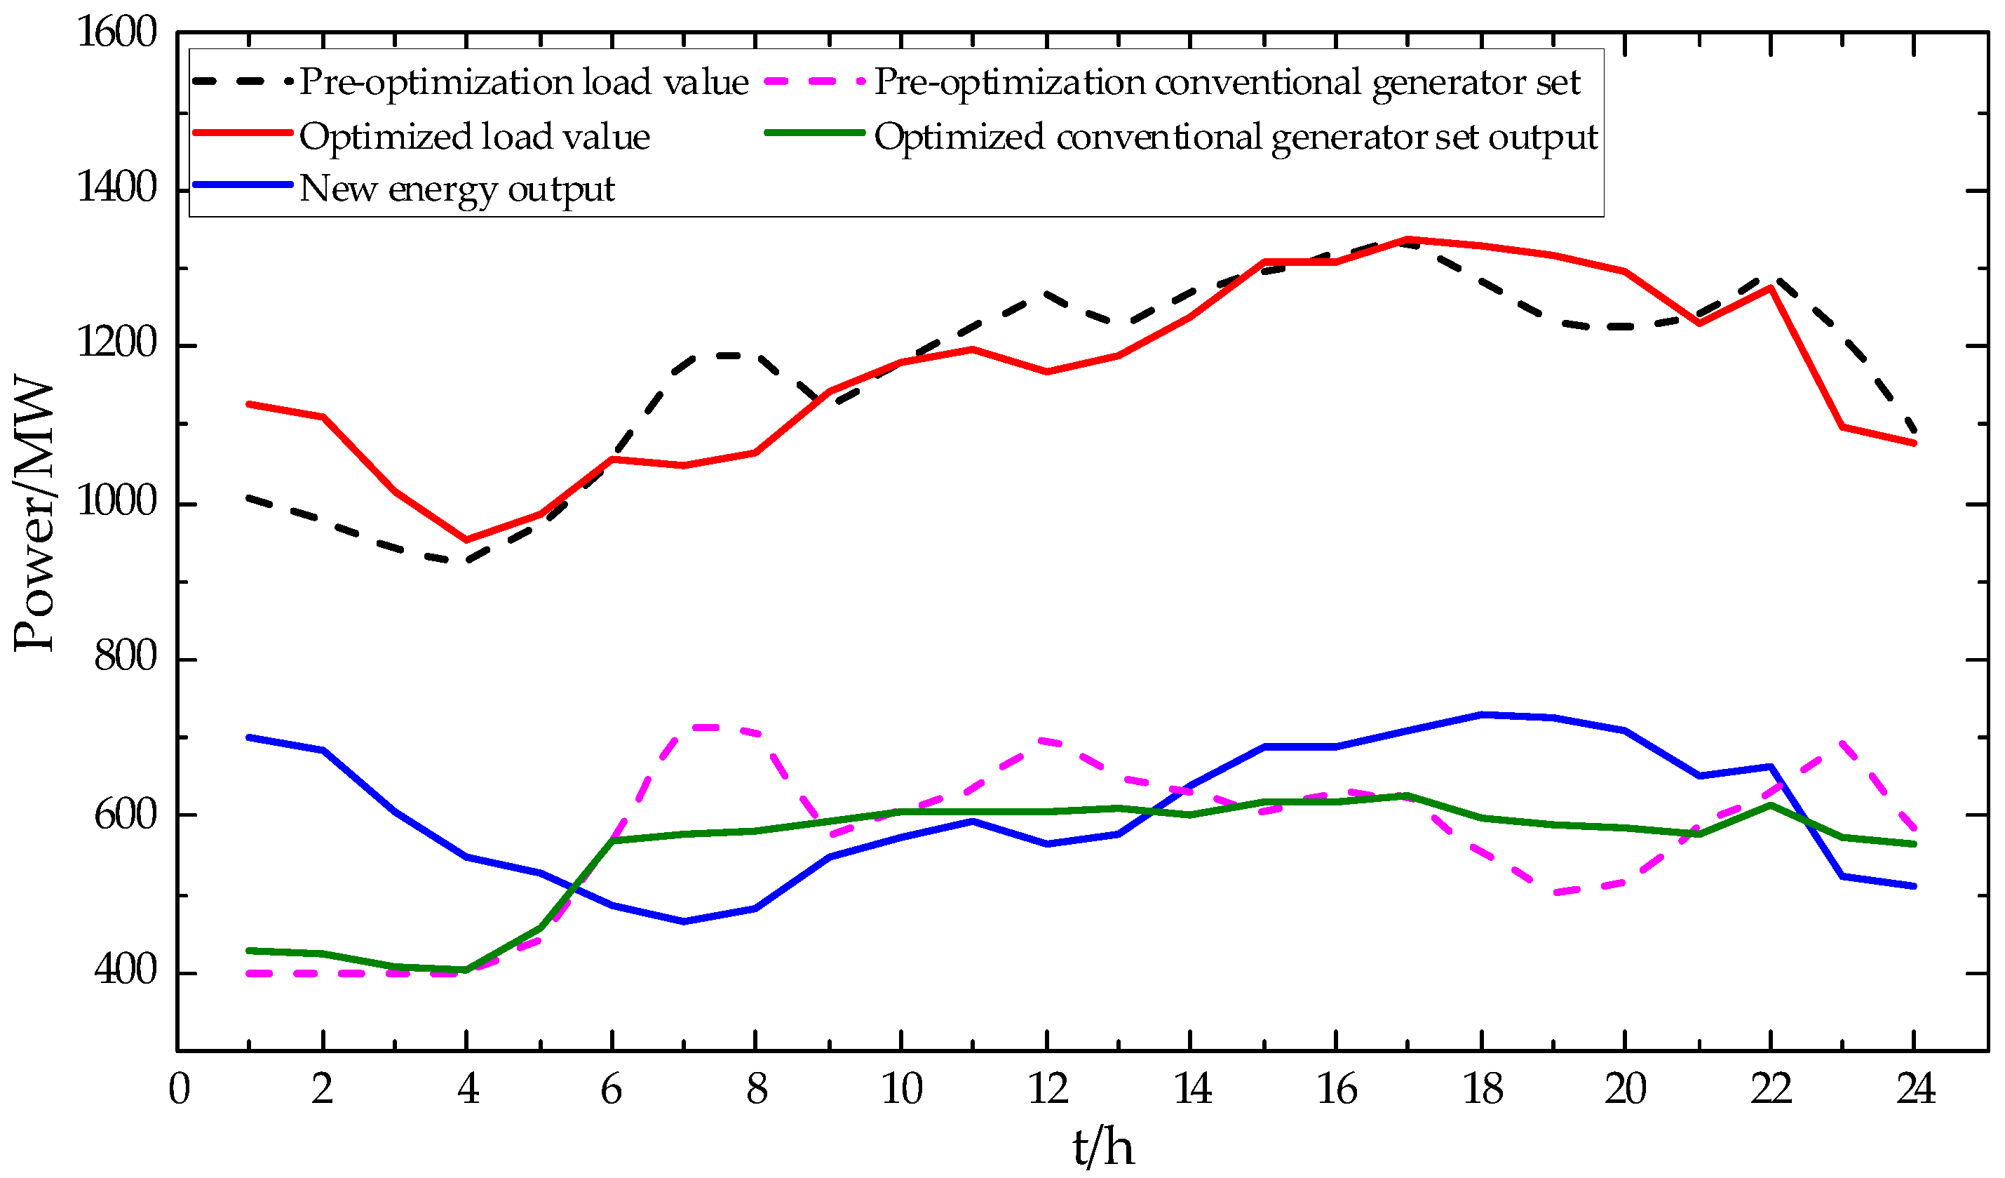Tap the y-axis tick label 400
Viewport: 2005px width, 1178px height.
click(126, 970)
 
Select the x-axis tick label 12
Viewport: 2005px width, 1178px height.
click(1048, 1088)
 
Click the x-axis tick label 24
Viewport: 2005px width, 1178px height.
click(1916, 1088)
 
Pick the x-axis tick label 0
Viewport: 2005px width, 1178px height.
click(179, 1088)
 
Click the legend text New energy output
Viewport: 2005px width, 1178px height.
click(457, 189)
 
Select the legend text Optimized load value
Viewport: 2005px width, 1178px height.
click(474, 137)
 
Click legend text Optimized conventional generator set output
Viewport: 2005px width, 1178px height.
click(1236, 137)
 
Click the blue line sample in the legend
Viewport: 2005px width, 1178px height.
click(243, 185)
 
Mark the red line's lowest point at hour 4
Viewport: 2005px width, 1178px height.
click(466, 540)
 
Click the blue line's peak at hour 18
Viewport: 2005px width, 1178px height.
click(1481, 715)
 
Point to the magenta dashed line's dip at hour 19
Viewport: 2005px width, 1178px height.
click(1553, 893)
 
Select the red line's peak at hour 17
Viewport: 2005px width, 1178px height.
click(1407, 239)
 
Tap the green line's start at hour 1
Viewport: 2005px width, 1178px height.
click(250, 951)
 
